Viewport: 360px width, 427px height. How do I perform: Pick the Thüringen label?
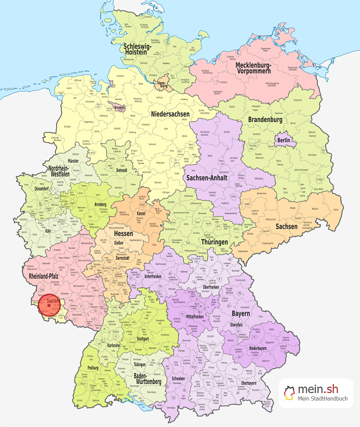pyautogui.click(x=212, y=242)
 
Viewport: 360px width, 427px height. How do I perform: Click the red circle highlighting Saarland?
pyautogui.click(x=49, y=305)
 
